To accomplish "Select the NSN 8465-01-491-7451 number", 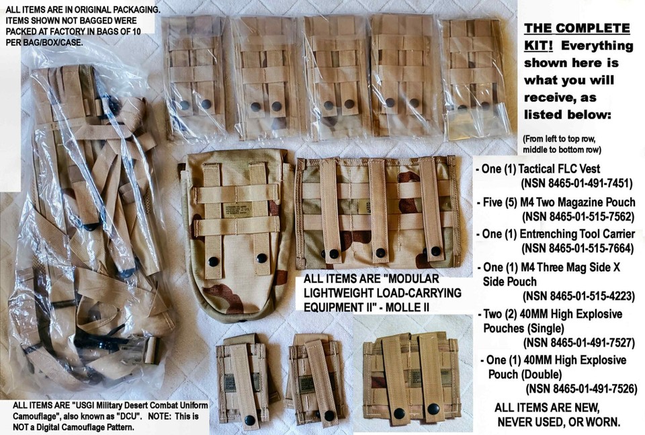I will coord(577,184).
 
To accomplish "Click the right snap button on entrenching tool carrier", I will coord(261,257).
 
